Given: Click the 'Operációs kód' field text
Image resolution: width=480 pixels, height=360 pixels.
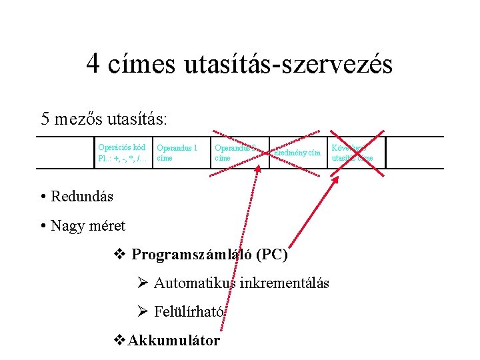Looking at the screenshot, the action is pyautogui.click(x=122, y=147).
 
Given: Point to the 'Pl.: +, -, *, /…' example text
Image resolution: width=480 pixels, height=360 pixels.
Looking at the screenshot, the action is pyautogui.click(x=123, y=159).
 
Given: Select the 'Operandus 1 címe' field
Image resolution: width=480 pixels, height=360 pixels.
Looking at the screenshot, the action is pyautogui.click(x=177, y=153).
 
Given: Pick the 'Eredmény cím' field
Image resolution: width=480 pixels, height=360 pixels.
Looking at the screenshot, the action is pyautogui.click(x=297, y=153).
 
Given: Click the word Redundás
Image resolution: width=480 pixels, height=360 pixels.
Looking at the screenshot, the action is pyautogui.click(x=82, y=197).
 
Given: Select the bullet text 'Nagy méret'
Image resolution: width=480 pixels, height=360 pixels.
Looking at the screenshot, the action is pyautogui.click(x=87, y=226).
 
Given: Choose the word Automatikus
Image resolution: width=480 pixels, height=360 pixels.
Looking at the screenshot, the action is pyautogui.click(x=194, y=283).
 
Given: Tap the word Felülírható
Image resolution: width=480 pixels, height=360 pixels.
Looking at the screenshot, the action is pyautogui.click(x=190, y=311).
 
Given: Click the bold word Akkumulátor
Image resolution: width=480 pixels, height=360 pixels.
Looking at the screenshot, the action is pyautogui.click(x=174, y=340).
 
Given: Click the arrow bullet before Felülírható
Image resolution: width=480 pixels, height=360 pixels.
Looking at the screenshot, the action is pyautogui.click(x=141, y=311).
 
